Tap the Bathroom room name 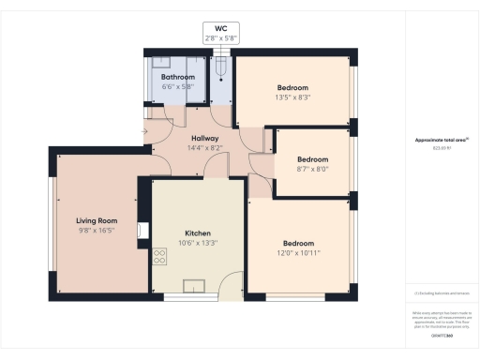pyautogui.click(x=177, y=77)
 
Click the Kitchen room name pyautogui.click(x=197, y=232)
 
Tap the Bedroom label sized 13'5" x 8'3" pyautogui.click(x=292, y=87)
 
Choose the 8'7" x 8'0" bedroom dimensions pyautogui.click(x=312, y=169)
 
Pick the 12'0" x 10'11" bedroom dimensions pyautogui.click(x=297, y=252)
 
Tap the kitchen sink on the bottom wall pyautogui.click(x=196, y=286)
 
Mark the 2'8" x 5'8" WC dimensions pyautogui.click(x=221, y=38)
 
